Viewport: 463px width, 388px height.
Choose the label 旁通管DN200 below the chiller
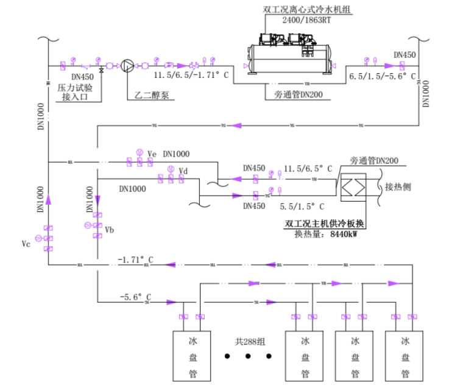[x=298, y=94]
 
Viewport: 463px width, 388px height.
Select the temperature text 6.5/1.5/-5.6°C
[x=382, y=77]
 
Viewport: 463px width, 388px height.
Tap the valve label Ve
[x=152, y=153]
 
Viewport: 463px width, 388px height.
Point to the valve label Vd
[x=183, y=171]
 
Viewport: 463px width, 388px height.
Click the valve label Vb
[x=110, y=230]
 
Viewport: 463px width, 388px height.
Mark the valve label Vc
[x=26, y=243]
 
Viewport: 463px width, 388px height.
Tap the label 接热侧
[x=399, y=186]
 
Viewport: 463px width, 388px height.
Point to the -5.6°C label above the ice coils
[x=135, y=297]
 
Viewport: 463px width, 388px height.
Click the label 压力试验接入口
[x=76, y=91]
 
